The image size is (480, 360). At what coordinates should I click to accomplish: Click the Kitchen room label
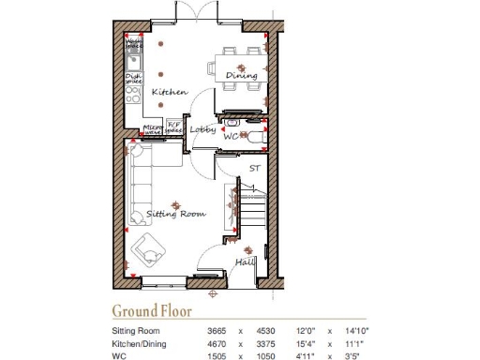[170, 92]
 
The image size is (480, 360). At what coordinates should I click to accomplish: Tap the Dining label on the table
[241, 76]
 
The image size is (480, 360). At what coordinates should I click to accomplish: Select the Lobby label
[202, 129]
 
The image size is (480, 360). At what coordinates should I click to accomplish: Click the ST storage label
[253, 169]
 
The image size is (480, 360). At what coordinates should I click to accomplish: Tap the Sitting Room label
[175, 214]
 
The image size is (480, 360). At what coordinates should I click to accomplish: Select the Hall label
[245, 262]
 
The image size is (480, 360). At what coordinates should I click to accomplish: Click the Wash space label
[135, 43]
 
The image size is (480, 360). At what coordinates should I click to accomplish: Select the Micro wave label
[153, 129]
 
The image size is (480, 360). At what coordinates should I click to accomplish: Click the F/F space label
[173, 126]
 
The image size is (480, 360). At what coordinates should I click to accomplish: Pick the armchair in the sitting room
[147, 250]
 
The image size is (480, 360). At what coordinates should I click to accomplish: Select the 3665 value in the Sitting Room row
[217, 331]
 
